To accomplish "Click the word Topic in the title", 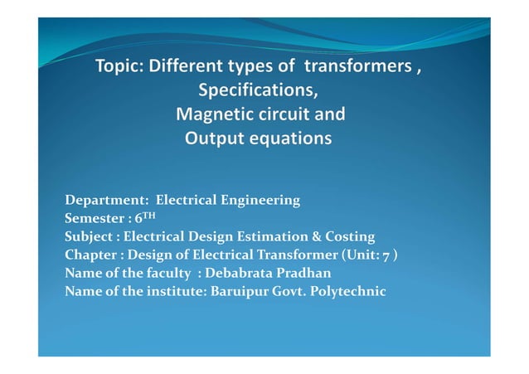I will [119, 68].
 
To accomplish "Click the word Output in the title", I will [211, 137].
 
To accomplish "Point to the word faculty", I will [169, 273].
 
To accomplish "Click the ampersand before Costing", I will [319, 236].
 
